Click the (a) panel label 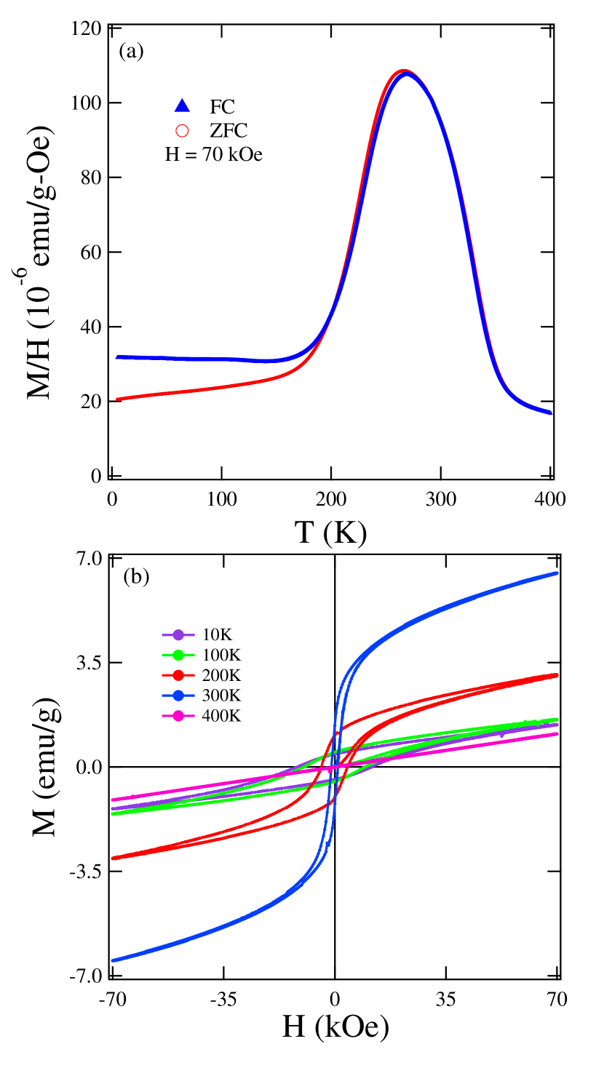(x=131, y=51)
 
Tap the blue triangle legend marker (x=182, y=105)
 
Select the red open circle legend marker (x=182, y=131)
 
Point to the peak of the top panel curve (x=405, y=72)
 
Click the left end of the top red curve (x=118, y=399)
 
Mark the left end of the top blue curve (x=117, y=356)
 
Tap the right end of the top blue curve (x=550, y=413)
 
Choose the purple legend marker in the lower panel (x=178, y=635)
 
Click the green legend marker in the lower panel (x=178, y=655)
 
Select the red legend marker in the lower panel (x=178, y=675)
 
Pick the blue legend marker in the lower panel (x=178, y=696)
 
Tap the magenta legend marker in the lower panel (x=178, y=716)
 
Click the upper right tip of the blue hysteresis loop (x=557, y=573)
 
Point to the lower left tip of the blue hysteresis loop (x=113, y=960)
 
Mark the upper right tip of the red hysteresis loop (x=557, y=675)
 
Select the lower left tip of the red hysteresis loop (x=113, y=858)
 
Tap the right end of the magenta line (x=557, y=733)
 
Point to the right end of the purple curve (x=557, y=724)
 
